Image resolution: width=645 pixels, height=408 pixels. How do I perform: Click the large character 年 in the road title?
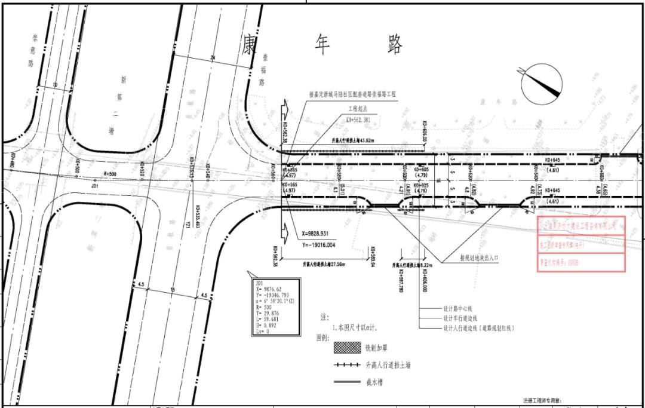coord(323,44)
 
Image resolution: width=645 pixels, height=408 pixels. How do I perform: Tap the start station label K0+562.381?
coord(366,119)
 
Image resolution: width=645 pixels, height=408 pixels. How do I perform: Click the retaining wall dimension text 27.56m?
coord(324,263)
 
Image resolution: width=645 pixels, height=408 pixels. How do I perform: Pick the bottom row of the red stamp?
coord(579,262)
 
